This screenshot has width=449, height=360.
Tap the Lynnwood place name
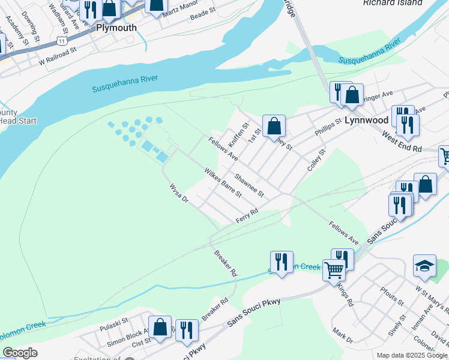pos(366,120)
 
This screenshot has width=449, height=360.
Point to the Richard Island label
pos(393,3)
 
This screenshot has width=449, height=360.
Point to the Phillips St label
pos(327,128)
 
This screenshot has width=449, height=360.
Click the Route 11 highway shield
pos(61,40)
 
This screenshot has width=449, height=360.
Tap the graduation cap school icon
pos(424,266)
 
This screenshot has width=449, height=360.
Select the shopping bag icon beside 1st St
pos(274,126)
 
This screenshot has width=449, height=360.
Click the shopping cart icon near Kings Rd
pos(334,269)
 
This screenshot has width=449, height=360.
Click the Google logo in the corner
pos(20,353)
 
